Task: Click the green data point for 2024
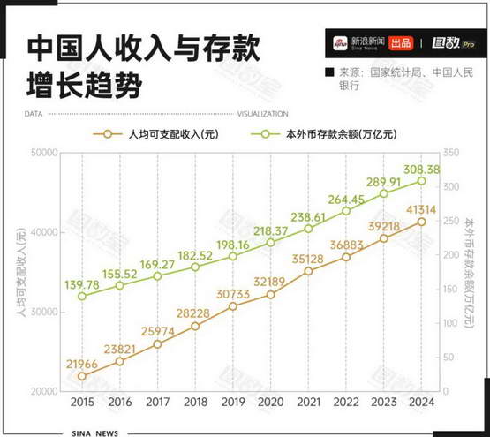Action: tap(421, 181)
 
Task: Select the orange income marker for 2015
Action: tap(82, 376)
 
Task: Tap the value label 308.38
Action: tap(421, 170)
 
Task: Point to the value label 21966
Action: tap(82, 364)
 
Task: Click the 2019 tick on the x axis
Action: tap(233, 402)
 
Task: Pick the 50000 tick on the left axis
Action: tap(44, 153)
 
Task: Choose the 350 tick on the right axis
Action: tap(451, 153)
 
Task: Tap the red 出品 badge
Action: tap(401, 43)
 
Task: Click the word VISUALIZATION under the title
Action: tap(263, 114)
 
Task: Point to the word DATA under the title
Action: tap(34, 114)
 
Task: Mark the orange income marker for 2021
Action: tap(308, 271)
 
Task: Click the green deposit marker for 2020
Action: tap(271, 243)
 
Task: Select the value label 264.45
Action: tap(346, 200)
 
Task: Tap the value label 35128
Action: tap(308, 260)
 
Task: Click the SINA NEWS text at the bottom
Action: tap(95, 433)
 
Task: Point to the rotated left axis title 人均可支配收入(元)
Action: tap(21, 272)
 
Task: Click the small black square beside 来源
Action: tap(329, 72)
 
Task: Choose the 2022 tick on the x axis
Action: tap(346, 402)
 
